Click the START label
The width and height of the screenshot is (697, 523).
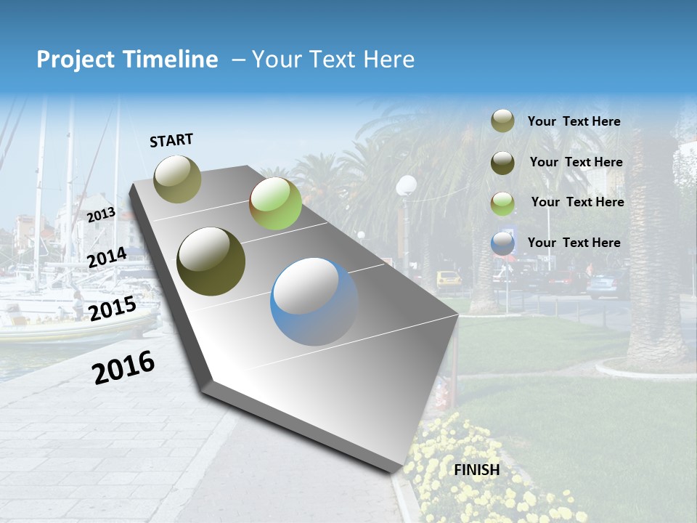171,140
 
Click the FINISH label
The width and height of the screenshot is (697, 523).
477,470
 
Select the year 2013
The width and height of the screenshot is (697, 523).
101,215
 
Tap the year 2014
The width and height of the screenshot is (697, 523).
107,258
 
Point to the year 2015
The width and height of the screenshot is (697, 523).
113,309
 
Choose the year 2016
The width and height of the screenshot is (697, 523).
123,367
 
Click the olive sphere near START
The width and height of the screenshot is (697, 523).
178,179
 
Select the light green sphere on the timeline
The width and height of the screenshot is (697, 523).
275,203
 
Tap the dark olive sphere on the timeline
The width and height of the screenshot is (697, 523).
211,261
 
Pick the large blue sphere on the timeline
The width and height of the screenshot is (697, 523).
314,301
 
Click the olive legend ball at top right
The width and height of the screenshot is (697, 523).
502,121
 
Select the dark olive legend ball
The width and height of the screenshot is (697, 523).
502,163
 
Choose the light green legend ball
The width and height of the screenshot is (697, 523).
502,203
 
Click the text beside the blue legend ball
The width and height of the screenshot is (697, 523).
574,243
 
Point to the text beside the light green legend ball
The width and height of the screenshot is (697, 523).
577,202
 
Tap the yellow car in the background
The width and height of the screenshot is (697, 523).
449,279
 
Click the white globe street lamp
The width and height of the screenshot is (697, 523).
407,186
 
